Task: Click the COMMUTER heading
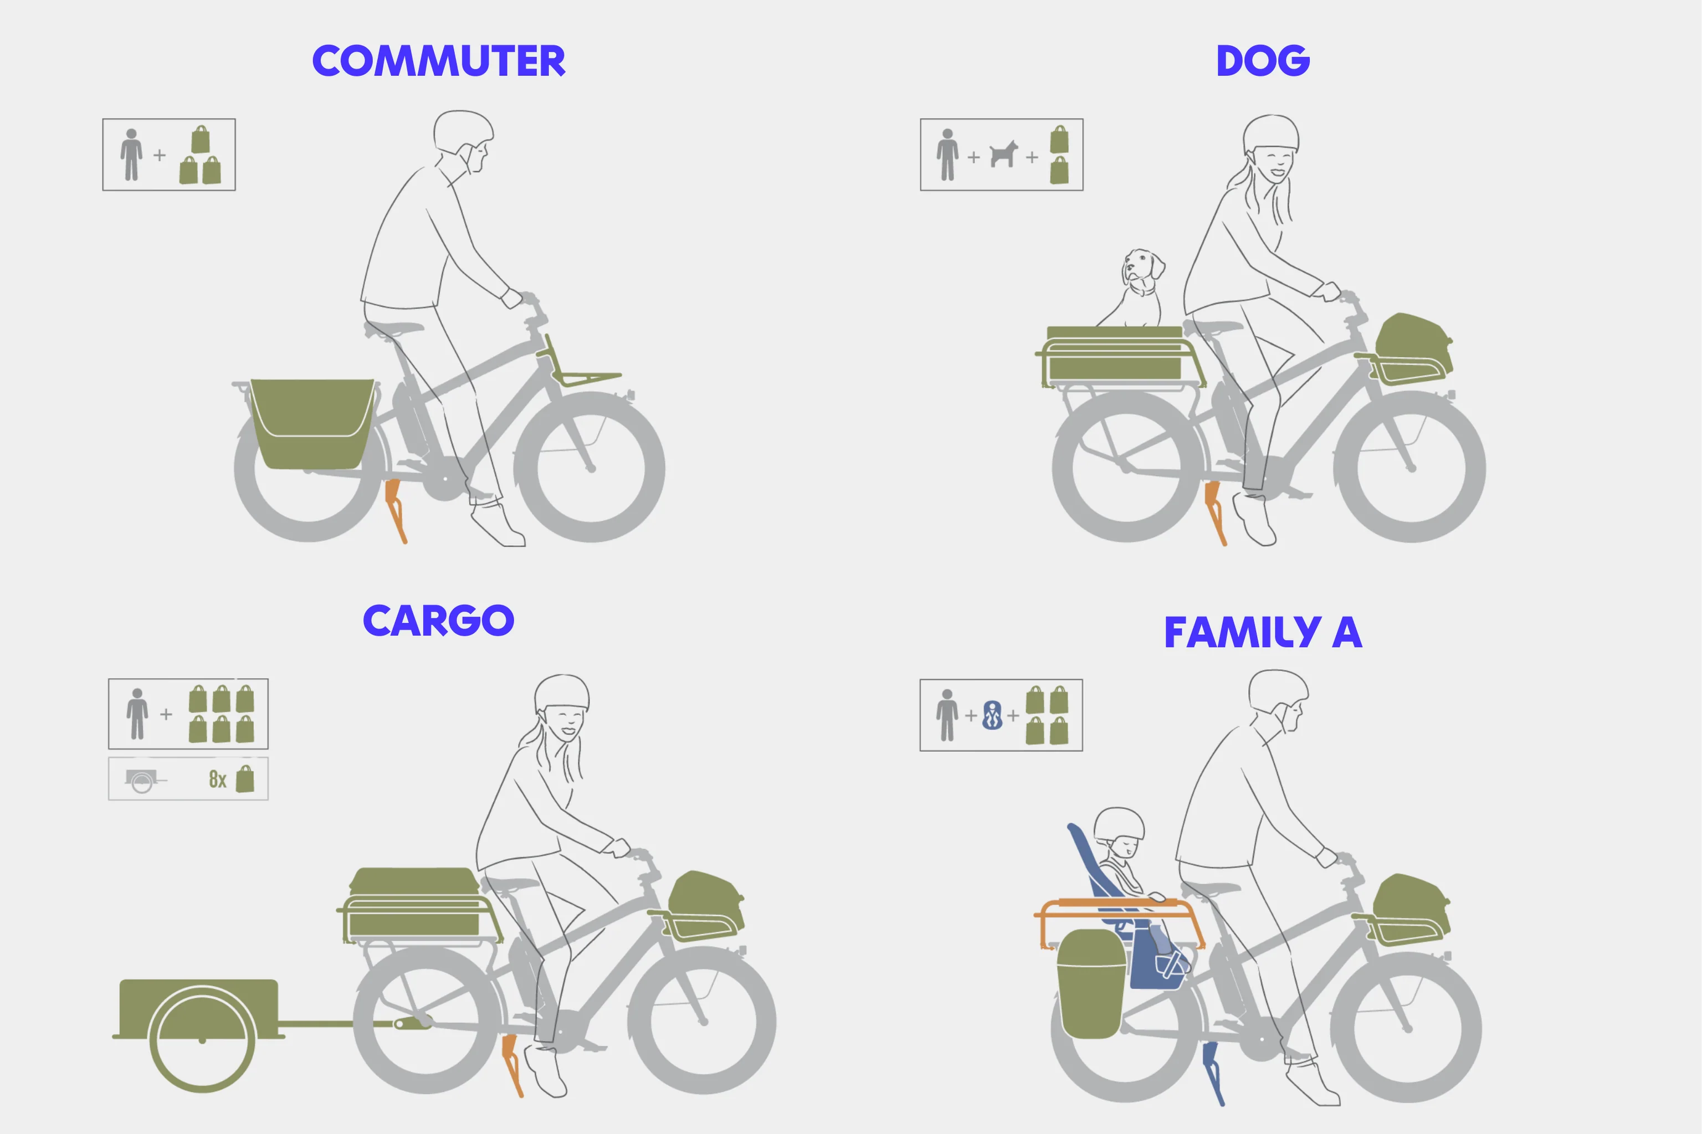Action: (x=438, y=61)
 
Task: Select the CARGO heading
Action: (x=438, y=620)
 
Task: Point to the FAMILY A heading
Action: (x=1263, y=632)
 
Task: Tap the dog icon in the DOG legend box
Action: (x=1003, y=154)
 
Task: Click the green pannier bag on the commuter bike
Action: (x=312, y=424)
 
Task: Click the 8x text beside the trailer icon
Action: (x=218, y=779)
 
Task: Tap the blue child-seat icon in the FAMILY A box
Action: (x=992, y=715)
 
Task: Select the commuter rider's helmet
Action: (x=463, y=130)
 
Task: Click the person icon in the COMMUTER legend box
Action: (x=131, y=155)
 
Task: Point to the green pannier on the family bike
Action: (x=1091, y=983)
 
